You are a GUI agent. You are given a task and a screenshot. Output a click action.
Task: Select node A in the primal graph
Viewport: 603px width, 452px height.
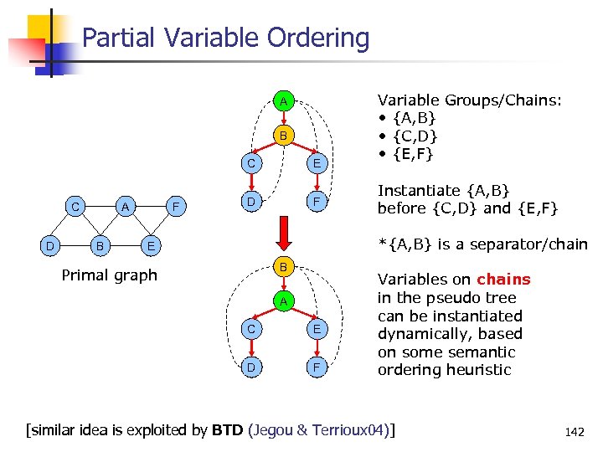pos(124,206)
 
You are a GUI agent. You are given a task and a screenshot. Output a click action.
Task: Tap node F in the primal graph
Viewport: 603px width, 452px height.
pos(174,206)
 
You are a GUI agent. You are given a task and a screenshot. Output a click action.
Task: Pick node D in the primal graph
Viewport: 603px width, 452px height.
pos(49,246)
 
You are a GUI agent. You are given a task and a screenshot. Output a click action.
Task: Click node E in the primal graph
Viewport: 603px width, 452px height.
pos(149,246)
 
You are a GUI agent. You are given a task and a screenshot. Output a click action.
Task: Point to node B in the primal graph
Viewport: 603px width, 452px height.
pos(100,246)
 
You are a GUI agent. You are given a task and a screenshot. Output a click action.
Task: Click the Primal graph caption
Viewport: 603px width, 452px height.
pos(109,275)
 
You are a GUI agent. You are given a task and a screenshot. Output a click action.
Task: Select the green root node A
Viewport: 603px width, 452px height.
pos(284,101)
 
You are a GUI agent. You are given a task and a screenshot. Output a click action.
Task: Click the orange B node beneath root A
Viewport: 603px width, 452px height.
pos(284,135)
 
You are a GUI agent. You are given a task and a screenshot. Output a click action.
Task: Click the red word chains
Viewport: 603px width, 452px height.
pos(503,280)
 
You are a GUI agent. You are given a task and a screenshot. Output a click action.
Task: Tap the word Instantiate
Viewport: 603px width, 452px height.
pos(418,190)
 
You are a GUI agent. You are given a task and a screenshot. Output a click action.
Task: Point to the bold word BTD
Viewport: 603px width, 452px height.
pos(228,430)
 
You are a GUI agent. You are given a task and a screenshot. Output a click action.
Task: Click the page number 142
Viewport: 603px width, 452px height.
pos(575,432)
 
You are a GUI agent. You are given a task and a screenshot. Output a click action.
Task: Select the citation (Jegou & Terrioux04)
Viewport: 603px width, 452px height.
pos(327,430)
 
